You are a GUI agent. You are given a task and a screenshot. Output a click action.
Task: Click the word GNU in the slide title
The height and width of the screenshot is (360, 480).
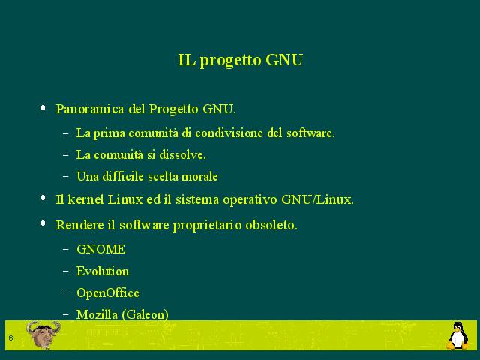click(x=284, y=60)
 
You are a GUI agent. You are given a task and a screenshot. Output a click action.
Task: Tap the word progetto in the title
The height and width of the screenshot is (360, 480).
click(x=231, y=61)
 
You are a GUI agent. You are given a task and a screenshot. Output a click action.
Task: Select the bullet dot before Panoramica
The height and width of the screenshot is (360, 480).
click(x=43, y=108)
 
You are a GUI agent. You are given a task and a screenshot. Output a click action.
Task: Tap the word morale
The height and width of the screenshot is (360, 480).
click(x=199, y=177)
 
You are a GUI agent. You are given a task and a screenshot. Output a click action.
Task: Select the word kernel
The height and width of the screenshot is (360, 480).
click(x=85, y=199)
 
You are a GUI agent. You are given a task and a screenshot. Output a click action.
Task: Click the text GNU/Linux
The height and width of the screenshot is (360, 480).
click(x=317, y=199)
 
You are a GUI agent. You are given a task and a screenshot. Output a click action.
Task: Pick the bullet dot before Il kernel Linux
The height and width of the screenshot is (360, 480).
click(x=43, y=198)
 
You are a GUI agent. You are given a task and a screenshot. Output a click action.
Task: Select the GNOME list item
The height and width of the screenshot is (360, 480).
click(x=101, y=249)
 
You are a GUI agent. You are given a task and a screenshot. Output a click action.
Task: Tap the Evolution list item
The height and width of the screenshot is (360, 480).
click(x=103, y=271)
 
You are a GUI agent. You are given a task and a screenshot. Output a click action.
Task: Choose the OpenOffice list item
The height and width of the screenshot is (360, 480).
click(x=108, y=293)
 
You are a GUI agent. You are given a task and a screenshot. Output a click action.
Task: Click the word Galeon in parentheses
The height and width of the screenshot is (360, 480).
click(x=145, y=315)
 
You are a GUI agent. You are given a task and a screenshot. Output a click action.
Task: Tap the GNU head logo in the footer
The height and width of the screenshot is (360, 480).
click(x=43, y=334)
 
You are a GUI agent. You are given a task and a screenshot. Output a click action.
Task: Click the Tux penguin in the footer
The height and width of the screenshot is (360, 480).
click(x=457, y=335)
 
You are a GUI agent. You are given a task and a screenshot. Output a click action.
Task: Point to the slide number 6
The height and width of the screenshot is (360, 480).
click(x=10, y=338)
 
